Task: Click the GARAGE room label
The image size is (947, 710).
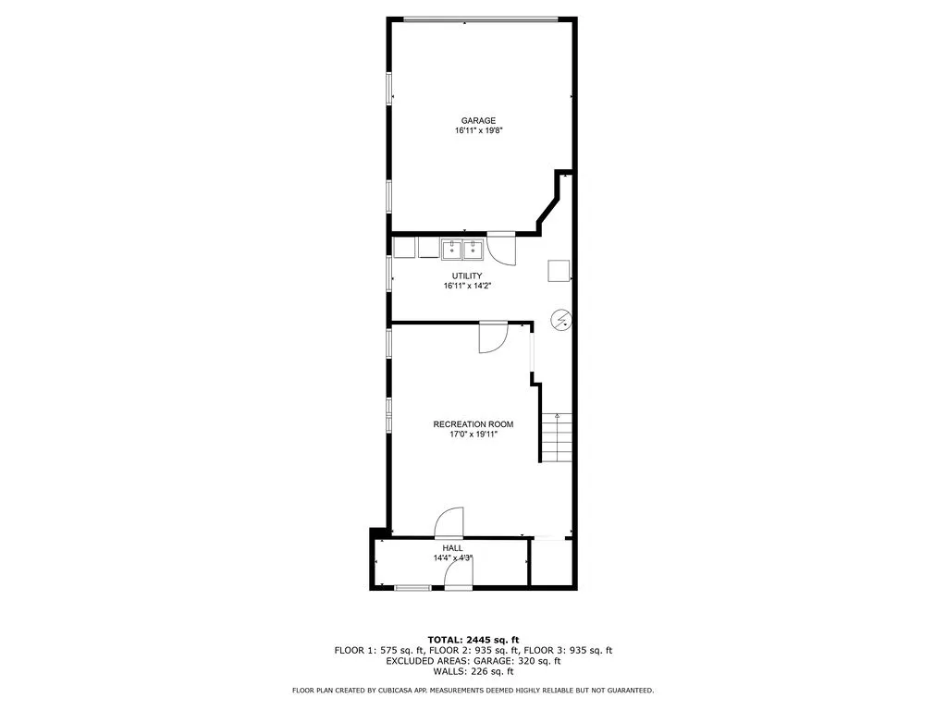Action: pos(478,120)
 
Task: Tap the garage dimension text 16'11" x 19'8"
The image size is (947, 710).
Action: pos(478,131)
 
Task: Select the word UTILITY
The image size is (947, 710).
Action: pos(466,275)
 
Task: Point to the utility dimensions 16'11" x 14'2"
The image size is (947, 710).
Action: pos(466,287)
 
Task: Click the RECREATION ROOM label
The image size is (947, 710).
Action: pos(473,424)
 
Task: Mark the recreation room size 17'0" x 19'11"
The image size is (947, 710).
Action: pos(473,435)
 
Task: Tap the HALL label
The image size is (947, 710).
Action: pos(452,548)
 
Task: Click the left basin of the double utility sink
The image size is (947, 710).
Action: pos(451,249)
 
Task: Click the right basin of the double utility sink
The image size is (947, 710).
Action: pos(472,249)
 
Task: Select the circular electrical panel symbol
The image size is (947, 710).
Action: pos(560,320)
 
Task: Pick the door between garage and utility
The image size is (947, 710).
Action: pos(502,246)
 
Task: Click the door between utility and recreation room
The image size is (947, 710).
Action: pos(493,337)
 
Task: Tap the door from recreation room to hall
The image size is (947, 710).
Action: pos(449,522)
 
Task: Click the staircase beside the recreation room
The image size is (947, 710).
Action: pos(557,438)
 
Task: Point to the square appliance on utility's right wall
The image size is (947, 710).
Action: pos(559,271)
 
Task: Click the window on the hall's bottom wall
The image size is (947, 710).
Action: pos(412,587)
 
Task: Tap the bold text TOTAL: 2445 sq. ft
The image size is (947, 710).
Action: pos(473,640)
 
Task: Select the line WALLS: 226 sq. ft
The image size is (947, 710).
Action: pos(473,672)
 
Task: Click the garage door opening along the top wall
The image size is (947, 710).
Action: pos(480,18)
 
